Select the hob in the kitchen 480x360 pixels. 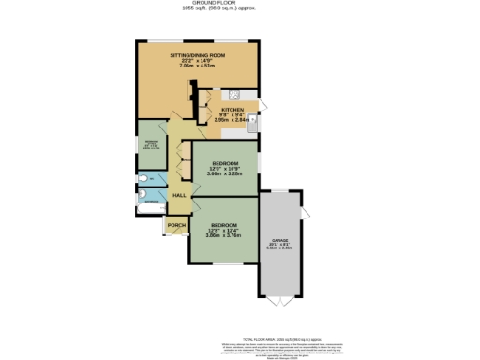point(232,96)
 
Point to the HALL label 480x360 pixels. point(177,194)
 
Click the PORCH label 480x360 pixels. point(174,225)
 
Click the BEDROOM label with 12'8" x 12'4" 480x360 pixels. point(223,226)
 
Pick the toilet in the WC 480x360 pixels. point(142,178)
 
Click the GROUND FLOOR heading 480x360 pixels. point(241,3)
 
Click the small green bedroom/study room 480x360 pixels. point(150,144)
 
